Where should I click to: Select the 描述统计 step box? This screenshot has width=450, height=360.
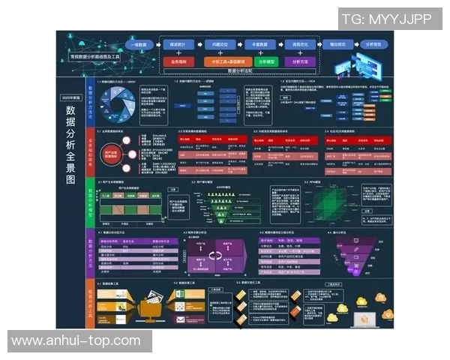click(178, 45)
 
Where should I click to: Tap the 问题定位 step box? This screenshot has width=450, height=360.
click(220, 45)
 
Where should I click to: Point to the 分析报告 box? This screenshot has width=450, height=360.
click(373, 45)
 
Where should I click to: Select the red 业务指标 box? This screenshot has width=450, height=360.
click(180, 62)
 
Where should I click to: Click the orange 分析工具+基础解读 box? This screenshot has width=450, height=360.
click(222, 62)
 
